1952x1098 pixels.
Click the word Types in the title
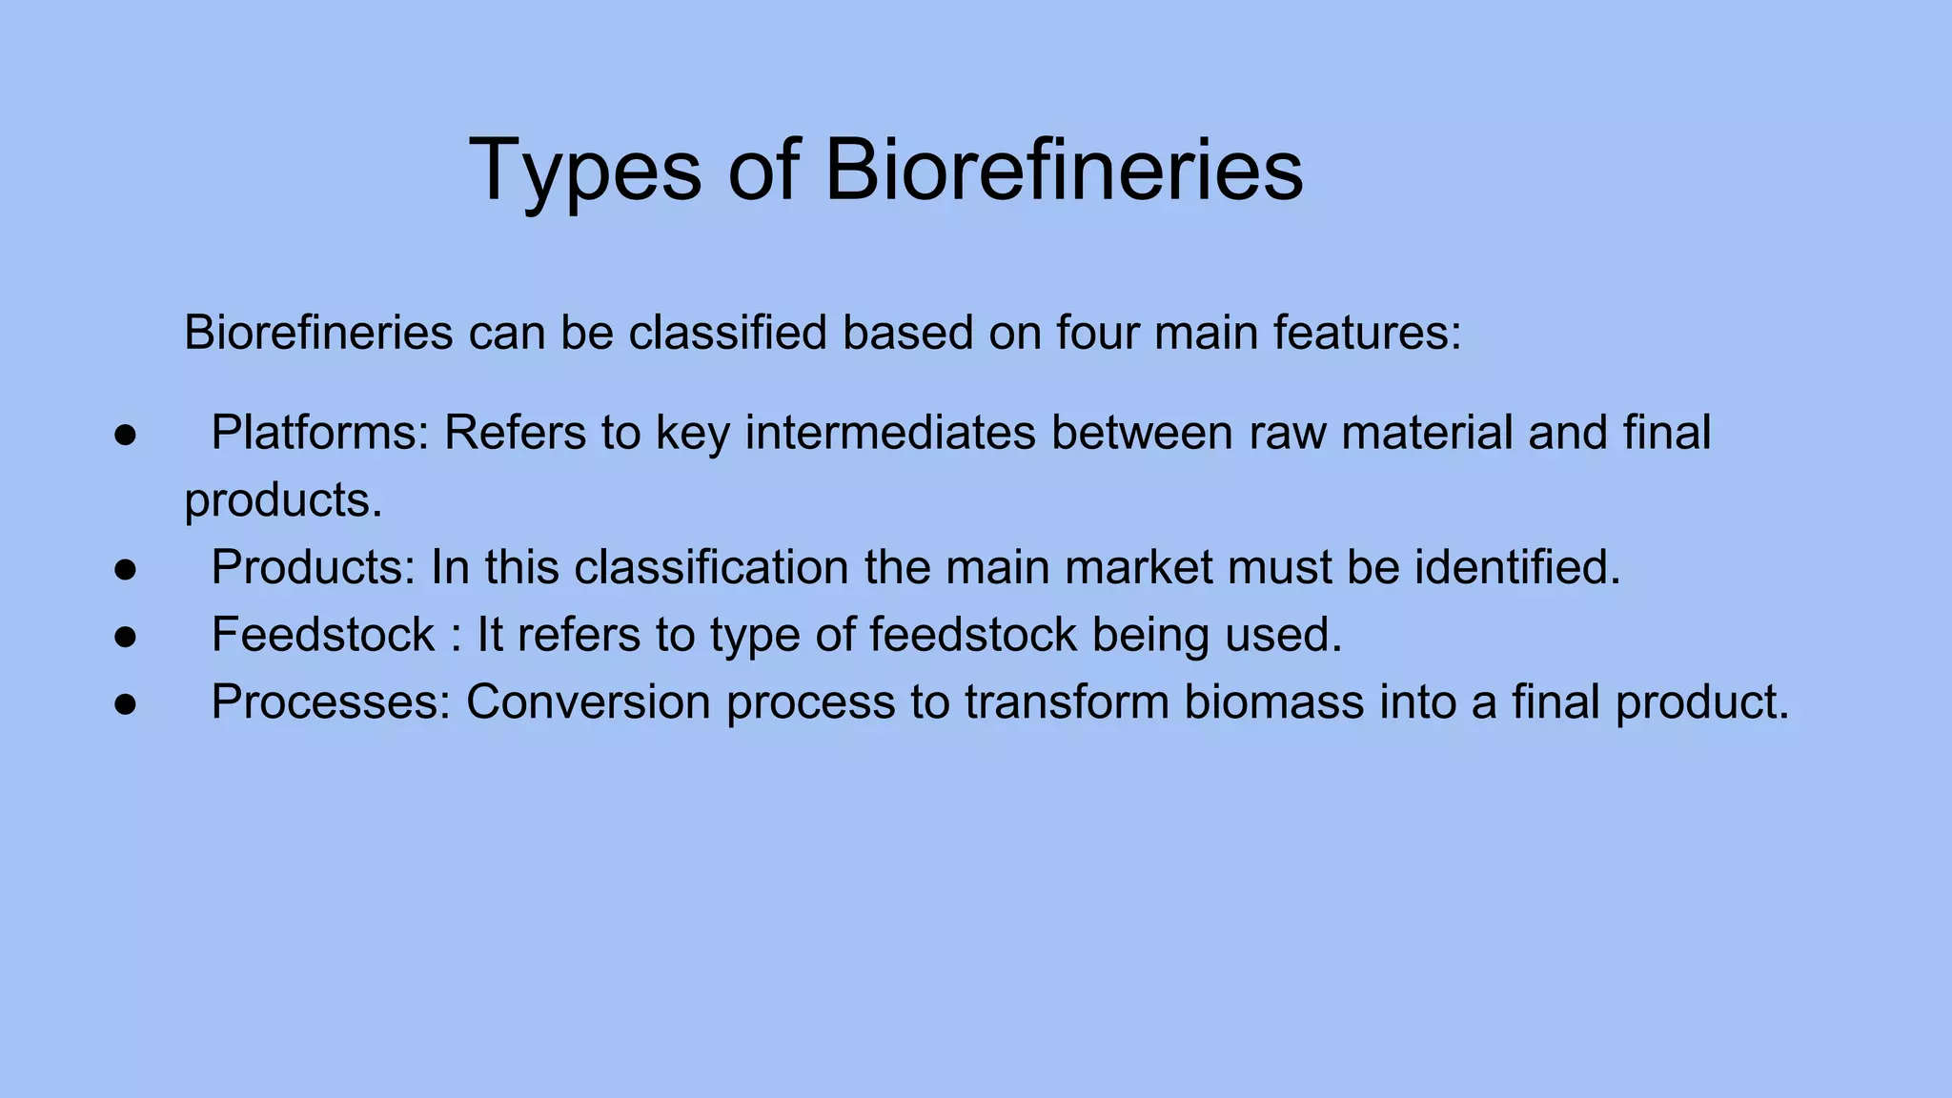point(584,172)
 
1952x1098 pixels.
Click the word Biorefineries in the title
point(1063,170)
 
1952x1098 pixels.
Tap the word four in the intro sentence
point(1094,333)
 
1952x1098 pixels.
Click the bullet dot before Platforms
point(126,435)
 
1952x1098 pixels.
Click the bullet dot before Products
point(126,569)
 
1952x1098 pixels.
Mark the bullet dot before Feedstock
point(126,637)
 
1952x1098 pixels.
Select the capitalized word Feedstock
point(323,635)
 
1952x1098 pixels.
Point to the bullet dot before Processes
point(126,704)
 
